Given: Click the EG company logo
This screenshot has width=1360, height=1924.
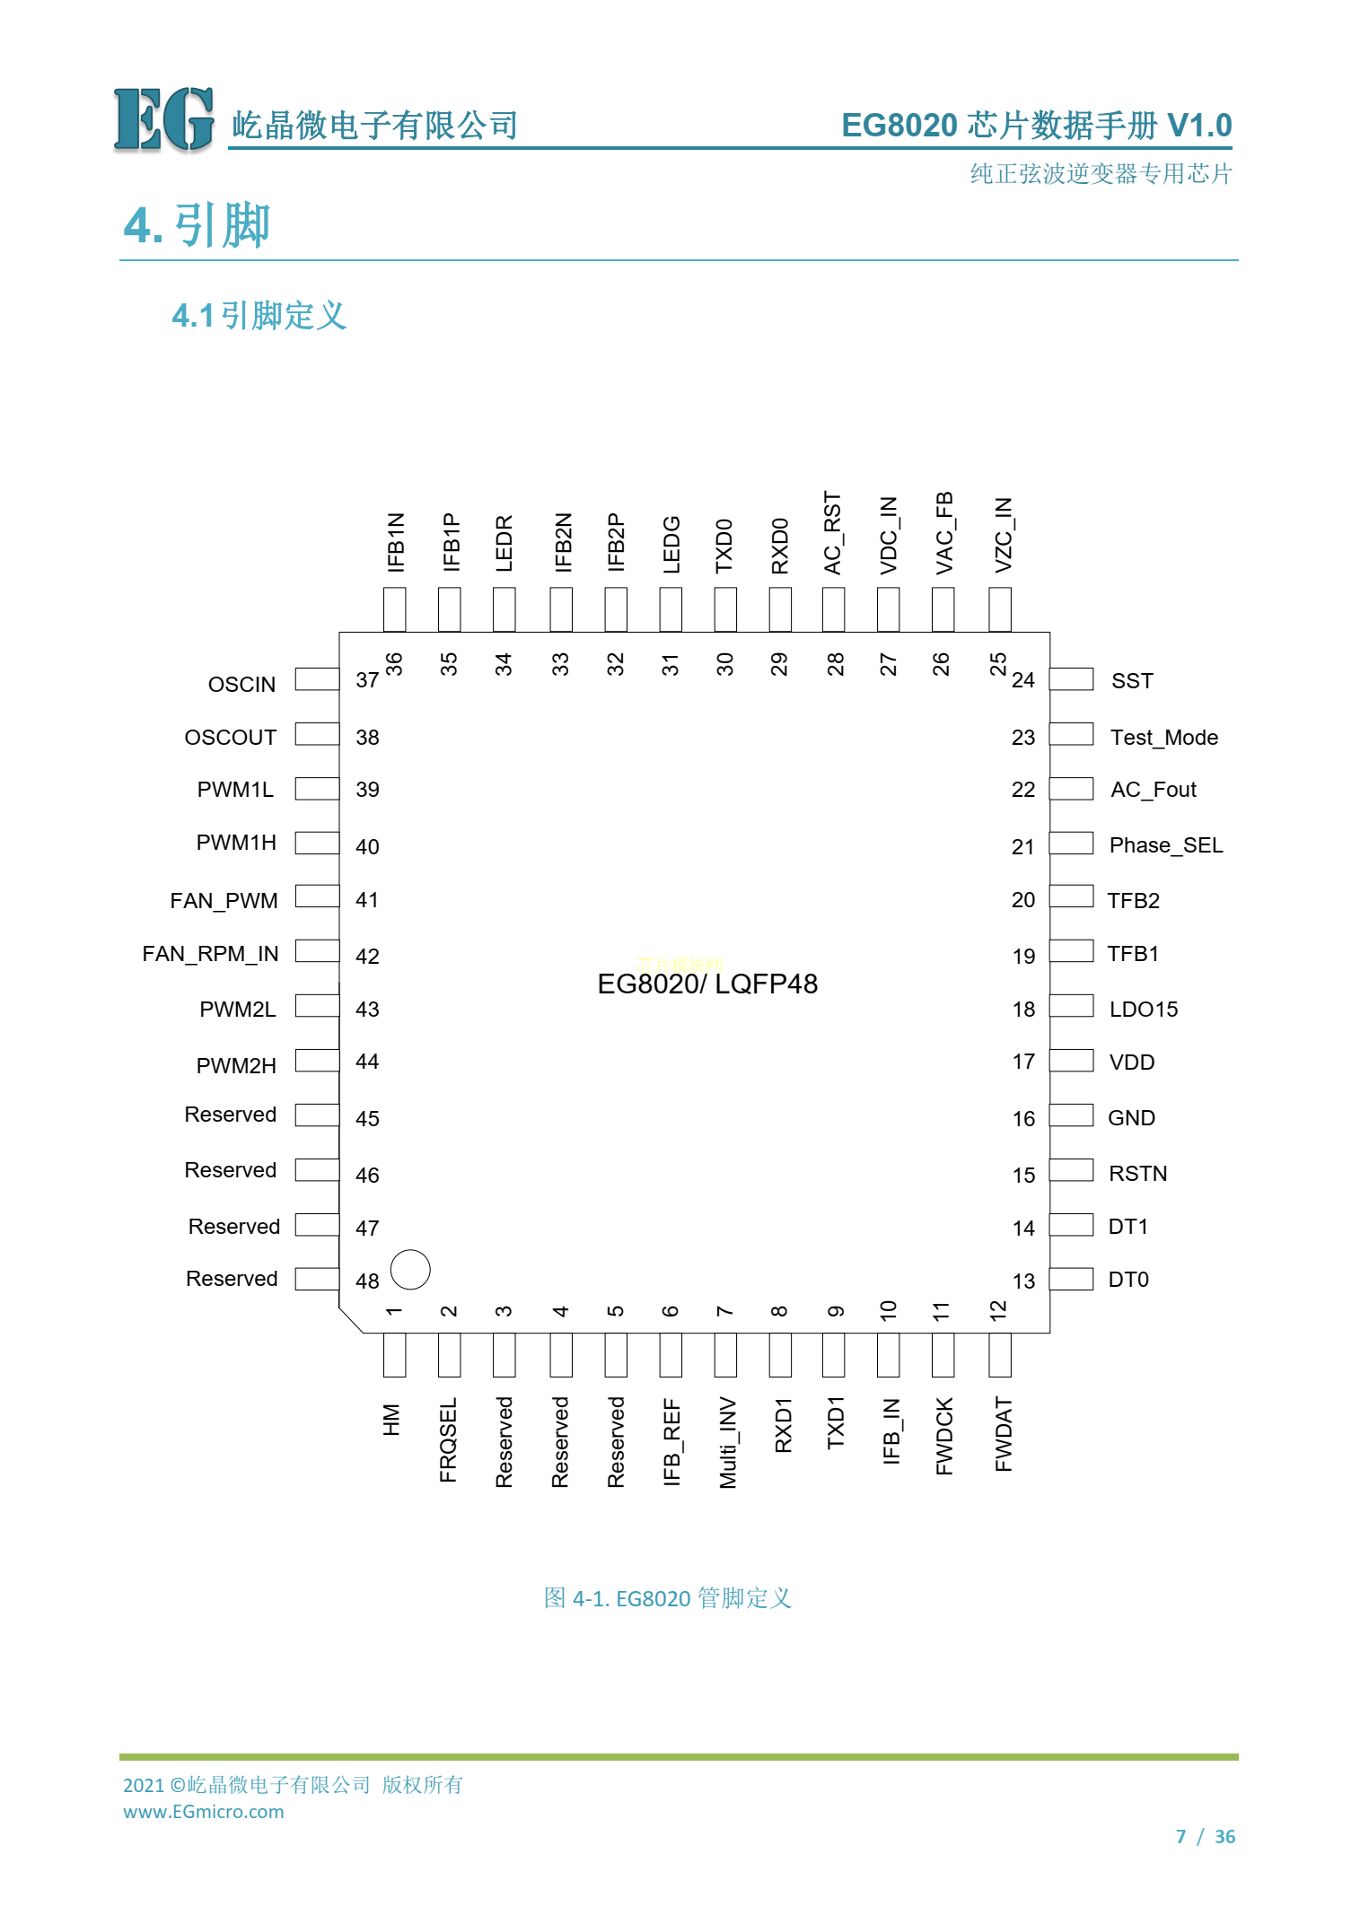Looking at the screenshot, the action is coord(164,119).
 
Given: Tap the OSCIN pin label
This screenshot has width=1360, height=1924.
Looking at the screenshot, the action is coord(241,685).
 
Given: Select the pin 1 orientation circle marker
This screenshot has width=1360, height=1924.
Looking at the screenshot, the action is coord(410,1269).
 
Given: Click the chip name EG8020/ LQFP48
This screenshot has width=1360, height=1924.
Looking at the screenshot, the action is coord(707,984).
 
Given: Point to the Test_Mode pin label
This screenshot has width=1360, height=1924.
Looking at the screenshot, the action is coord(1164,738).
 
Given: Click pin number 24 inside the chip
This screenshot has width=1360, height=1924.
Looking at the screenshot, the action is coord(1023,680).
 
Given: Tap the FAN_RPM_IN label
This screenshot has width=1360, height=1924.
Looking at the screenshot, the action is coord(210,954).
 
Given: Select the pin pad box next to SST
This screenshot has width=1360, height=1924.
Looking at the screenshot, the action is coord(1072,679).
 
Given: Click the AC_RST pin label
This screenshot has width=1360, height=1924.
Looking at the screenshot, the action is coord(833,533).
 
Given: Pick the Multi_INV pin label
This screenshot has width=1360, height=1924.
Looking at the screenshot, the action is coord(727,1442).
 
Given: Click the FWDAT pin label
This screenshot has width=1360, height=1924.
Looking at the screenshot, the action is coord(1003,1434).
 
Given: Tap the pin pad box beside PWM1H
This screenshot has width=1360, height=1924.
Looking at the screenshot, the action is coord(317,843).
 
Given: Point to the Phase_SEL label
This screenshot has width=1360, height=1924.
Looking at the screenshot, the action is coord(1166,845).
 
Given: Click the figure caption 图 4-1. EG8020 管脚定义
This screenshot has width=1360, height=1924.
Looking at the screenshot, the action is coord(668,1597).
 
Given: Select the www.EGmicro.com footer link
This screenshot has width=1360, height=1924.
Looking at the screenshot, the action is coord(204,1812).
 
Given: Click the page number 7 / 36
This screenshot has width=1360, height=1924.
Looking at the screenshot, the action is coord(1206,1836).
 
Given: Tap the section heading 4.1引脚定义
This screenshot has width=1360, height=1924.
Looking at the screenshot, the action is coord(259,315).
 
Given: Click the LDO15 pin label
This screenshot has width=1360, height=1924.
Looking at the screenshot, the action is coord(1144,1010).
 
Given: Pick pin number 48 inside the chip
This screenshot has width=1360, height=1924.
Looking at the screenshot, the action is coord(367,1281).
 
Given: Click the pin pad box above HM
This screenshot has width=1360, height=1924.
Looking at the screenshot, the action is coord(394,1355).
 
